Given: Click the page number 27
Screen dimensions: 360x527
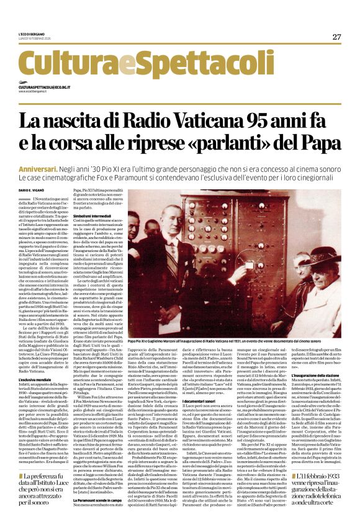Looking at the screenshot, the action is pyautogui.click(x=336, y=37).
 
